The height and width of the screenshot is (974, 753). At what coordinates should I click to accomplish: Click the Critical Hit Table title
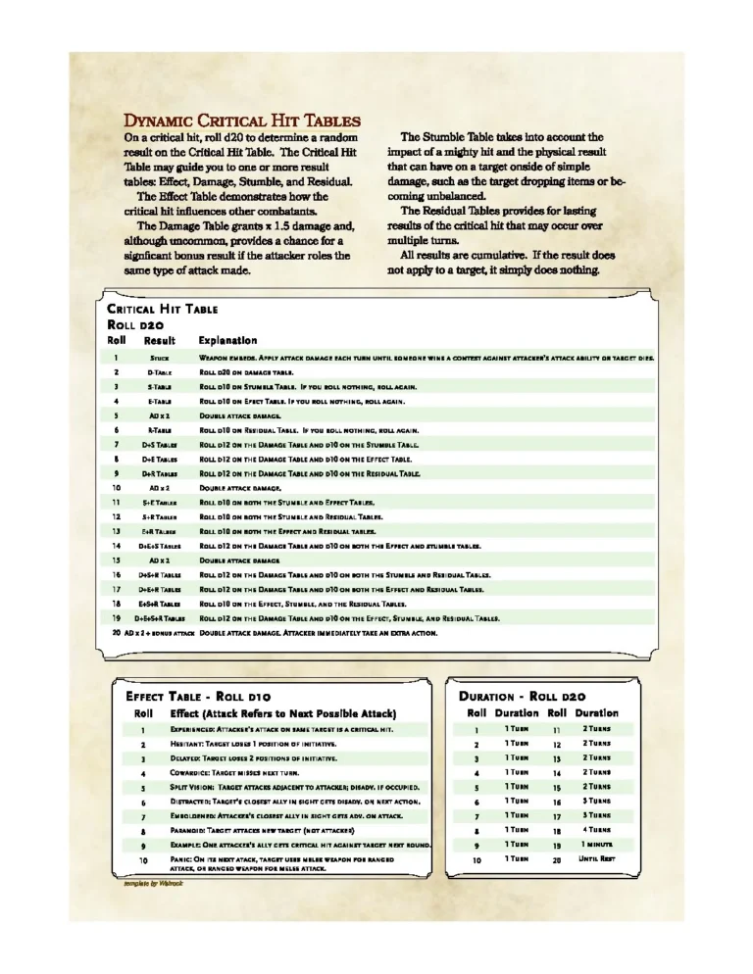coord(162,309)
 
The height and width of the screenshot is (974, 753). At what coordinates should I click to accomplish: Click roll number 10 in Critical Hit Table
coord(116,488)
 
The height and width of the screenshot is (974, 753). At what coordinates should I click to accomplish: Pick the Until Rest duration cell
coord(595,859)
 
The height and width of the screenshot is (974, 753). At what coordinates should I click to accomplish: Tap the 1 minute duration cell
coord(595,845)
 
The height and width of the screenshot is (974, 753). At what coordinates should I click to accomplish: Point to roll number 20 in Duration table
coord(556,859)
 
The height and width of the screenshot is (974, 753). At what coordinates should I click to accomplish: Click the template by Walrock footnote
coord(153,882)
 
